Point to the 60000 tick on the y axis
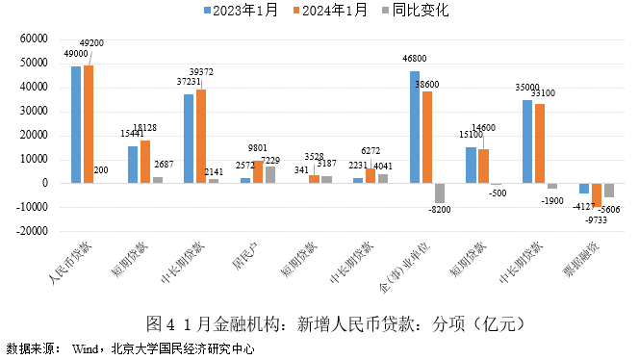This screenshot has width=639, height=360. [x=33, y=39]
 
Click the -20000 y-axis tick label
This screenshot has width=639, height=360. [x=31, y=231]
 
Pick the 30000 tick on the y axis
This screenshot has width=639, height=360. [x=33, y=111]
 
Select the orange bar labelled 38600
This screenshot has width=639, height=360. [x=427, y=137]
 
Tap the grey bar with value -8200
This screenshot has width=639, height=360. [x=440, y=193]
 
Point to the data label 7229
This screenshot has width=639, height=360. [x=270, y=160]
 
